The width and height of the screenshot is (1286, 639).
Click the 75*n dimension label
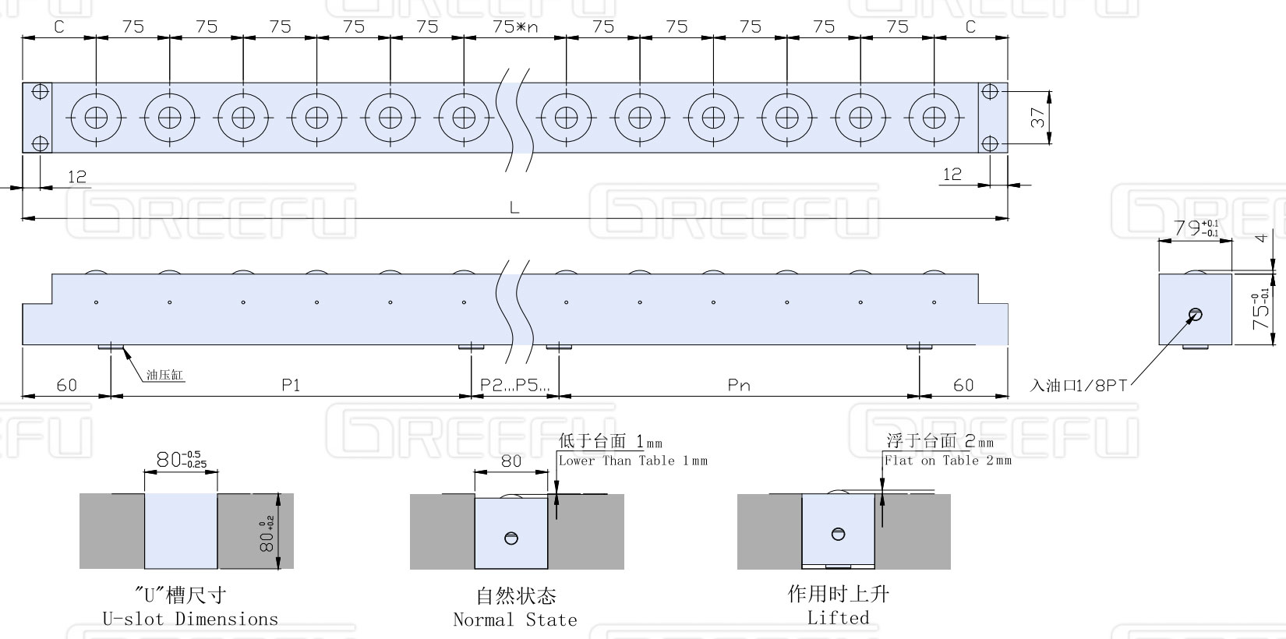coord(515,26)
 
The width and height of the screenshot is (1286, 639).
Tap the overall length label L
coord(514,207)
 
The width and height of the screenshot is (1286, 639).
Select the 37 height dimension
coord(1038,118)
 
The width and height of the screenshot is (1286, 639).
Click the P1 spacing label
coord(291,384)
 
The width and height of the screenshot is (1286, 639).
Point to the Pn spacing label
coord(738,384)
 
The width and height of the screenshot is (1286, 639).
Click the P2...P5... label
coord(514,384)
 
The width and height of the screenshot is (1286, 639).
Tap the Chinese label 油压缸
coord(164,375)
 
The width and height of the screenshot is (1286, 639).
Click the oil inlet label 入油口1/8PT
coord(1079,385)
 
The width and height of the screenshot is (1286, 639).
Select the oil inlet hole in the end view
coord(1195,315)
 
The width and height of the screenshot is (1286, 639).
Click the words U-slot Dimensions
coord(190,620)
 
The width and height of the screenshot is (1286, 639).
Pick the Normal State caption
coord(515,620)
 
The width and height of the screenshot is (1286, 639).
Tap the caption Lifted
coord(838,618)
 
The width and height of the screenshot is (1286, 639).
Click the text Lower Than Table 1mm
coord(633,461)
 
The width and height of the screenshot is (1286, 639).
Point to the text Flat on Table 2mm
coord(948,461)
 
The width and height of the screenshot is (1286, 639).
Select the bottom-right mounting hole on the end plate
coord(990,143)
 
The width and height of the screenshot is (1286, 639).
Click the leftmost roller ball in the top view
coord(96,118)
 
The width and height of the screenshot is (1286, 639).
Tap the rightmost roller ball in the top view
coord(934,118)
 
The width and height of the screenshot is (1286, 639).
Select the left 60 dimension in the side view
coord(67,384)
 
